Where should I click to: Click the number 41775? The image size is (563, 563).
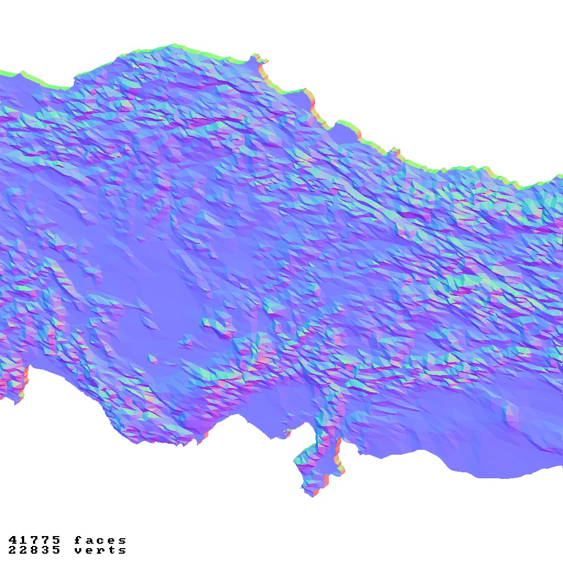click(34, 540)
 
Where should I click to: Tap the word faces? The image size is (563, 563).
click(100, 540)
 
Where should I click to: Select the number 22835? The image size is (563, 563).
click(34, 550)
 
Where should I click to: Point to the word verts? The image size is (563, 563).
click(100, 550)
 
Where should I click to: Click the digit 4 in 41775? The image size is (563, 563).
click(13, 540)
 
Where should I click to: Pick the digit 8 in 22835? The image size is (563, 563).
click(34, 550)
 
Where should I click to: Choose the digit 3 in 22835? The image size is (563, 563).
click(45, 550)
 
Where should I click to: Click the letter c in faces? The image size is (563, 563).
click(100, 540)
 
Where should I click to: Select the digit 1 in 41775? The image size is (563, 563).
click(24, 540)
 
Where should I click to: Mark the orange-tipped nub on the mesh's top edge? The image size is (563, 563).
click(256, 58)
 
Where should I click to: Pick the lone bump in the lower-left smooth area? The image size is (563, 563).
click(152, 360)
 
